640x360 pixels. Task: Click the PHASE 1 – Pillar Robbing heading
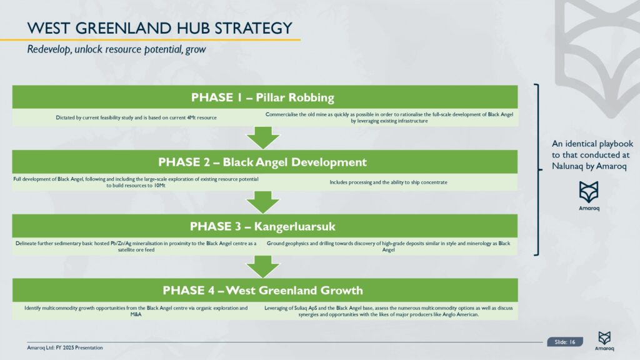pos(262,97)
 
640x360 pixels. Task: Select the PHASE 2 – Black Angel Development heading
pos(262,162)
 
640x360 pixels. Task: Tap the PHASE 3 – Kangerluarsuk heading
pos(262,226)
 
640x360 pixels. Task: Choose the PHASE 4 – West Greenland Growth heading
pos(262,290)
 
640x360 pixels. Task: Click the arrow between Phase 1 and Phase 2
pos(263,137)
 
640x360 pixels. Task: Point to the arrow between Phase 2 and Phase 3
pos(263,202)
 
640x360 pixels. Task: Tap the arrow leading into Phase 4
pos(263,266)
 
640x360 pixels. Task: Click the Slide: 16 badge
pos(565,342)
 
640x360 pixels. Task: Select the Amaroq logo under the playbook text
pos(589,196)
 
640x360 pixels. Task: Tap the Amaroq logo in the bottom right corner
pos(604,341)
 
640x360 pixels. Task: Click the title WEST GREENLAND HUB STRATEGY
pos(159,28)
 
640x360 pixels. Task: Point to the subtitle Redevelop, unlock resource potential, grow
pos(116,49)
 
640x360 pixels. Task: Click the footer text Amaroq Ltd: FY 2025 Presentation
pos(65,347)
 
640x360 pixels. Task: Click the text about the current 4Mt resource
pos(136,117)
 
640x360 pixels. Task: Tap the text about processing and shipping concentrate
pos(388,182)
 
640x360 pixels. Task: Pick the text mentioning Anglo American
pos(388,311)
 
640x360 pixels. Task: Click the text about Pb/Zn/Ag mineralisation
pos(136,246)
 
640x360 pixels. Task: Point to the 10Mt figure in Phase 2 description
pos(159,185)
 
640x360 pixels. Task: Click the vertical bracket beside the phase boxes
pos(538,169)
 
